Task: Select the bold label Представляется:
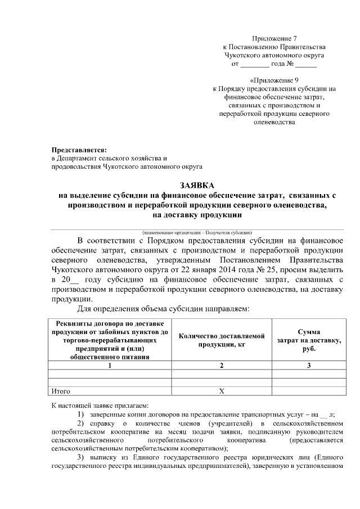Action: pos(79,150)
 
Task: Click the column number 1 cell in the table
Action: pos(110,366)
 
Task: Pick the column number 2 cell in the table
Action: pos(222,366)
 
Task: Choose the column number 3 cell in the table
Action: pos(309,366)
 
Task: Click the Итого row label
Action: pos(60,390)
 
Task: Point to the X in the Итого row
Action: pos(222,390)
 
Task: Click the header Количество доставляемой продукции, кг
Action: pos(222,340)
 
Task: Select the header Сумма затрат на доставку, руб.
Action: pos(309,340)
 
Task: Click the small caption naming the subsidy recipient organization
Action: pos(196,232)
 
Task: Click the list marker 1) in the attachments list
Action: pos(80,414)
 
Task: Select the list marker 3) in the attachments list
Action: pos(80,457)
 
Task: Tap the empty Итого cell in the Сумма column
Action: pos(309,390)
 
